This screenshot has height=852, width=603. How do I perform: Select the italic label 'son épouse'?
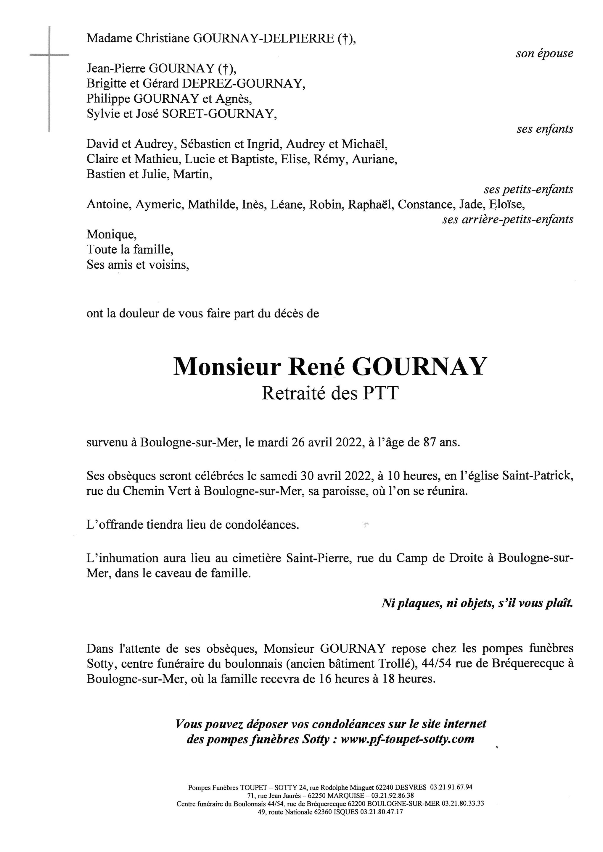544,54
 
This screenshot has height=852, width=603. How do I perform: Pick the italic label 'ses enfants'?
544,129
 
